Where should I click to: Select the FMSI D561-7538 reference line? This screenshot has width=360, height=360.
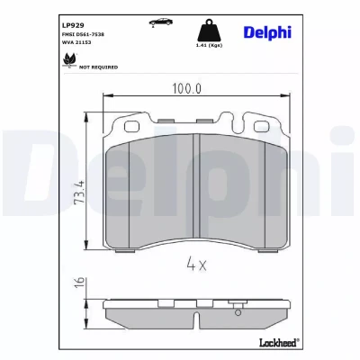point(83,34)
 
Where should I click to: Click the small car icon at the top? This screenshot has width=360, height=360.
point(161,22)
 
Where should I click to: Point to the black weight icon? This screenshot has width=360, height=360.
point(209,30)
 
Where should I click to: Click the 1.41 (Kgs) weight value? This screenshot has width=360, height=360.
point(209,45)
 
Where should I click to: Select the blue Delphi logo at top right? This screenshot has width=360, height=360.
point(267,32)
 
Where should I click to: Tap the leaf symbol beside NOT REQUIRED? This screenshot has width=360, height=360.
point(69,60)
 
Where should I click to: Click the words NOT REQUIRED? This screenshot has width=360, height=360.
point(98,67)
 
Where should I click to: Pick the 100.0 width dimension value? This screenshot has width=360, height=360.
point(186,88)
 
